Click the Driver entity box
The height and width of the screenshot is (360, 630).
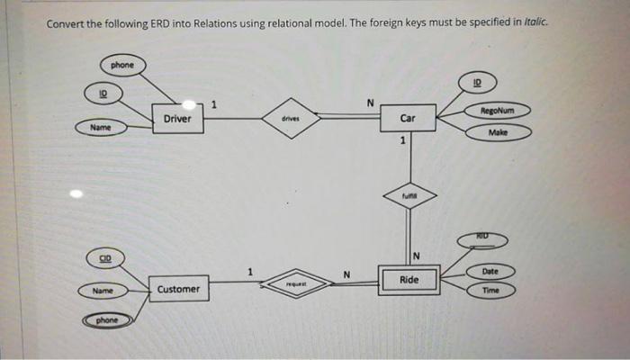click(x=177, y=119)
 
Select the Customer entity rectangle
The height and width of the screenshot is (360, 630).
click(x=177, y=289)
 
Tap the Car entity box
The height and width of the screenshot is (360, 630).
click(x=408, y=118)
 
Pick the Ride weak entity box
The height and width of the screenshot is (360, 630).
click(x=408, y=280)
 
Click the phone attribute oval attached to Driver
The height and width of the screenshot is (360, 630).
click(x=122, y=65)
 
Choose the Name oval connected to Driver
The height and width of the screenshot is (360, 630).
click(x=100, y=128)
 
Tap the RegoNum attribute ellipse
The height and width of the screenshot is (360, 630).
click(x=498, y=112)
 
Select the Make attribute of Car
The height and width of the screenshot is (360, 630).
click(x=498, y=132)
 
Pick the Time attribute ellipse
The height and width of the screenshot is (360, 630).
click(x=490, y=291)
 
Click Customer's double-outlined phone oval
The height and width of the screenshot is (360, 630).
click(x=107, y=319)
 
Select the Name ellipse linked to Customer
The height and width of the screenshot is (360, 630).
click(x=103, y=291)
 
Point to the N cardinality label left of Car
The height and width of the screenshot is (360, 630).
click(x=369, y=103)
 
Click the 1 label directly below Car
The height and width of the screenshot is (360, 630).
click(x=403, y=140)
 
